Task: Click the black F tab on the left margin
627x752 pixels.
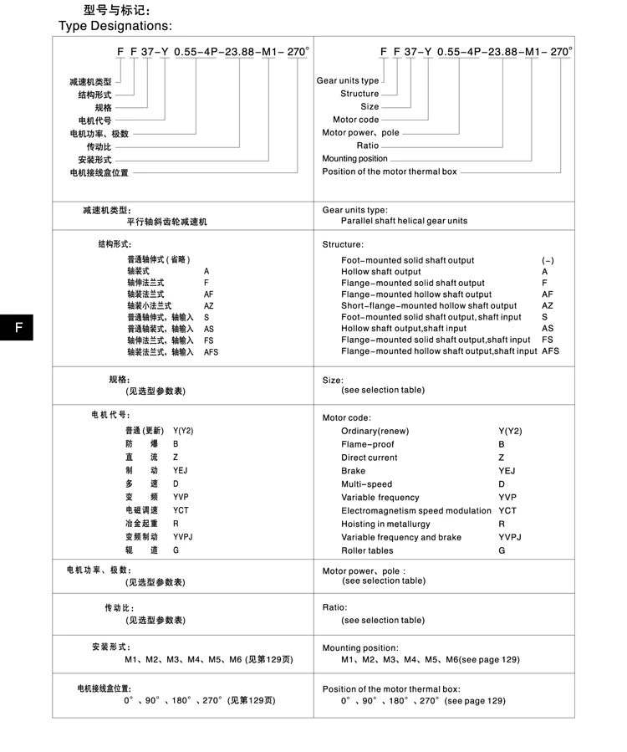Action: pyautogui.click(x=17, y=328)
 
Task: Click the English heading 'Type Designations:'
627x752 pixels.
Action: pyautogui.click(x=115, y=26)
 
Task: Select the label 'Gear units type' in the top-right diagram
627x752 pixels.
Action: pyautogui.click(x=348, y=81)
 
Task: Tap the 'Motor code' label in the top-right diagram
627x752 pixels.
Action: pyautogui.click(x=355, y=120)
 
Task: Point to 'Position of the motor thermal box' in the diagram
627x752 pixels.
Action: pyautogui.click(x=390, y=171)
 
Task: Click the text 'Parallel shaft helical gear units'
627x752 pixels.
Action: pyautogui.click(x=404, y=221)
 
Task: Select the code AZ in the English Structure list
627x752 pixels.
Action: pyautogui.click(x=548, y=305)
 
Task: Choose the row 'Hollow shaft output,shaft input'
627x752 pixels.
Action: pyautogui.click(x=404, y=329)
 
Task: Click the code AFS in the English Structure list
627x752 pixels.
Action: pyautogui.click(x=551, y=351)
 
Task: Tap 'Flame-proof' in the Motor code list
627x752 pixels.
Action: pyautogui.click(x=367, y=444)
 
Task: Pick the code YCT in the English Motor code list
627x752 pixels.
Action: pyautogui.click(x=507, y=510)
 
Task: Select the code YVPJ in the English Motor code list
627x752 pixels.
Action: pyautogui.click(x=510, y=537)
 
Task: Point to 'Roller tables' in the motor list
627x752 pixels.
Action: pyautogui.click(x=366, y=550)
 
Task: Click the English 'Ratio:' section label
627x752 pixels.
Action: pyautogui.click(x=334, y=607)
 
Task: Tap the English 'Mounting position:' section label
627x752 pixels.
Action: pyautogui.click(x=360, y=647)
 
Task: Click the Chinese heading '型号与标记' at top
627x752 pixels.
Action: pyautogui.click(x=117, y=10)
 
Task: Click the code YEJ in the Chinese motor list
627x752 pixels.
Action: pyautogui.click(x=181, y=470)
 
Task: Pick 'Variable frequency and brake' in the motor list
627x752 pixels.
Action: pyautogui.click(x=400, y=537)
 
